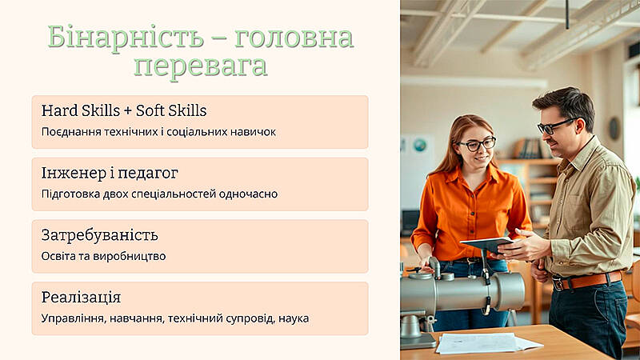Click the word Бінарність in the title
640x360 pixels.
(126, 38)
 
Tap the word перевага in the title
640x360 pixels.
(201, 66)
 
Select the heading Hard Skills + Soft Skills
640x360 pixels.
(124, 110)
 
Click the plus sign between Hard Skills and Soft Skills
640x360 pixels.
(128, 111)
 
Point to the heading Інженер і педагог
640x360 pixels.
(110, 173)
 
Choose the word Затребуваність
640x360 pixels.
(99, 235)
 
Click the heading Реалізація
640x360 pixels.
(82, 298)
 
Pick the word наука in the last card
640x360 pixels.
(294, 318)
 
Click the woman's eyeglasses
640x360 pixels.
(477, 145)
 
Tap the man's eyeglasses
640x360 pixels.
(555, 126)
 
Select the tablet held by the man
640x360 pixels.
(487, 244)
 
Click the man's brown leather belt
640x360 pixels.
(587, 280)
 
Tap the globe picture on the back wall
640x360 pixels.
(419, 145)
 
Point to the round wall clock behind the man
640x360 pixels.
(614, 129)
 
